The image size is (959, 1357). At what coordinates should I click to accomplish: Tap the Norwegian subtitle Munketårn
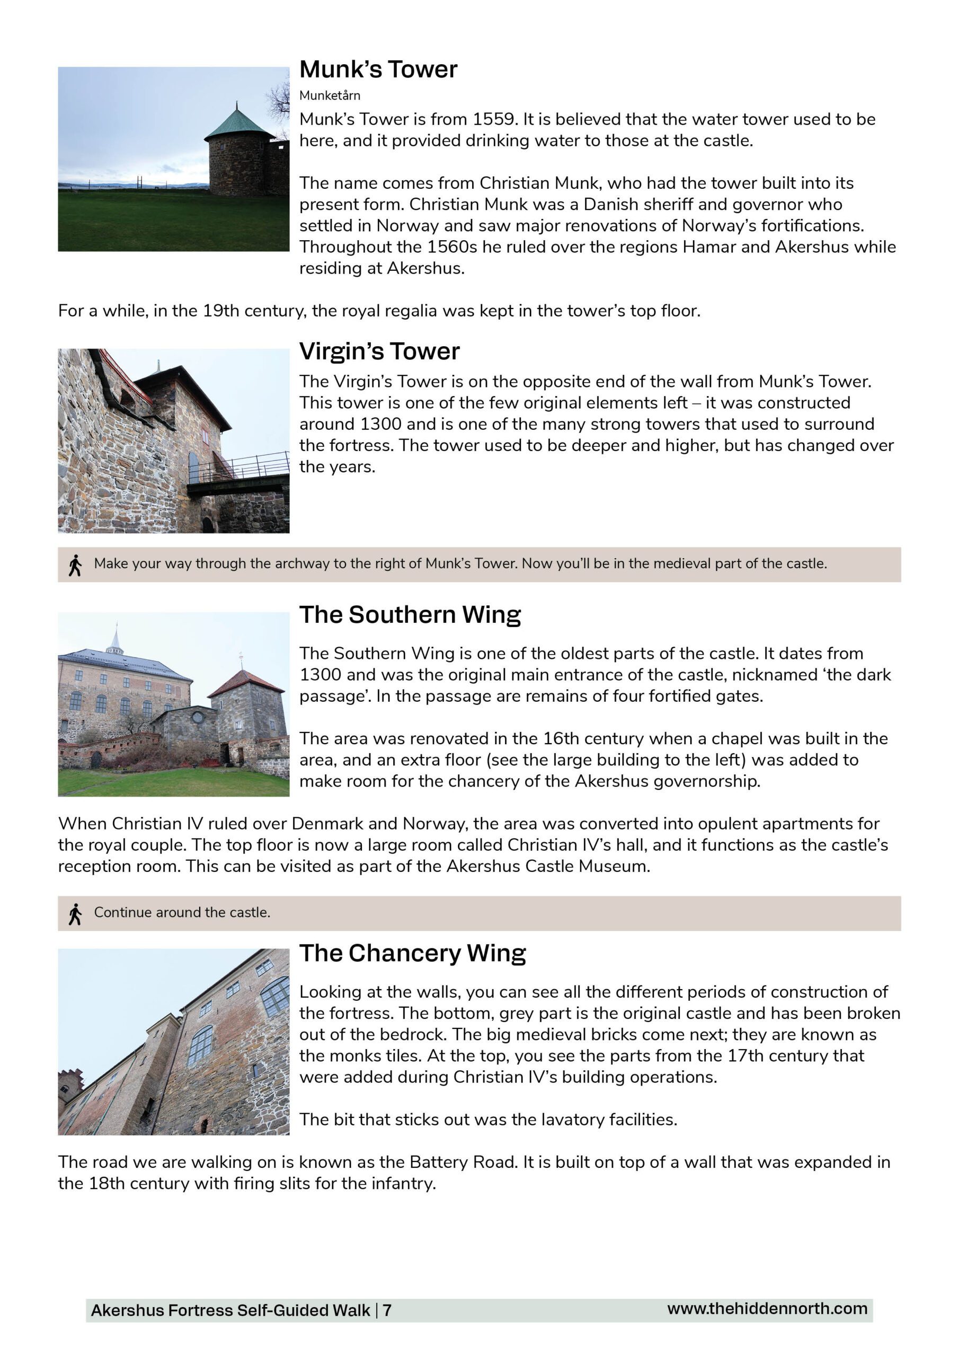329,96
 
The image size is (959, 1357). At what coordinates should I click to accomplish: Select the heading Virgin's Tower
379,351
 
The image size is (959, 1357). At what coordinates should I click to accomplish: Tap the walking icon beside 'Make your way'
75,565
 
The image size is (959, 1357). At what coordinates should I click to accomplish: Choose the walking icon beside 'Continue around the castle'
75,914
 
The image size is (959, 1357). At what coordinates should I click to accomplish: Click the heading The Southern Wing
410,615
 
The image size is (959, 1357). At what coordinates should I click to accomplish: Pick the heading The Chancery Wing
412,953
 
